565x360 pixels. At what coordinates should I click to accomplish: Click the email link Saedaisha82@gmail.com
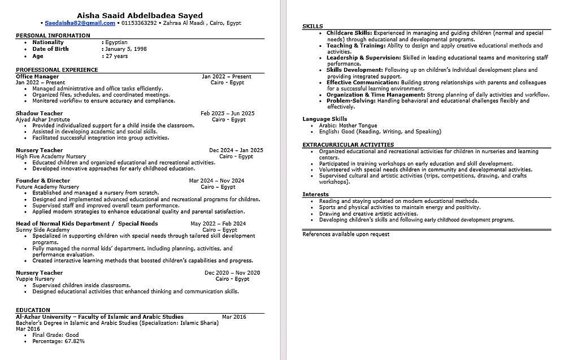point(80,23)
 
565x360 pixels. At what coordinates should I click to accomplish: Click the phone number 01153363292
point(139,23)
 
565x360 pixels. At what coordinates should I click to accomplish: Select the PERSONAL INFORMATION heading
point(53,36)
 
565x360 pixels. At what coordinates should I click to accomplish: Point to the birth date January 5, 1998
point(125,49)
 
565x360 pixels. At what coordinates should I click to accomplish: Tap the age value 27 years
point(116,56)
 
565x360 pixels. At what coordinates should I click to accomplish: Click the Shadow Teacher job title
point(39,114)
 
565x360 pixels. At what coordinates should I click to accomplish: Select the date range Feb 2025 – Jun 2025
point(227,114)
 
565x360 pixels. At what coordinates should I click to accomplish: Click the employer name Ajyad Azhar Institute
point(43,120)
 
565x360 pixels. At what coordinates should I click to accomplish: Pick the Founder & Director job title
point(43,181)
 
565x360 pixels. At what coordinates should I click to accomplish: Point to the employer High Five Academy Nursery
point(51,157)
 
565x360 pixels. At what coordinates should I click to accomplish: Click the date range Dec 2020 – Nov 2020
point(232,273)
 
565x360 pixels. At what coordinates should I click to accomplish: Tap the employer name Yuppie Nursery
point(35,279)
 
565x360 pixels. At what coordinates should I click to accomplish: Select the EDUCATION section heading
point(33,310)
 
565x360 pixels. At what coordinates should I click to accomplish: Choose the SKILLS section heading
point(312,27)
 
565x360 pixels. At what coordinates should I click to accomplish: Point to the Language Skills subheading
point(324,119)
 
